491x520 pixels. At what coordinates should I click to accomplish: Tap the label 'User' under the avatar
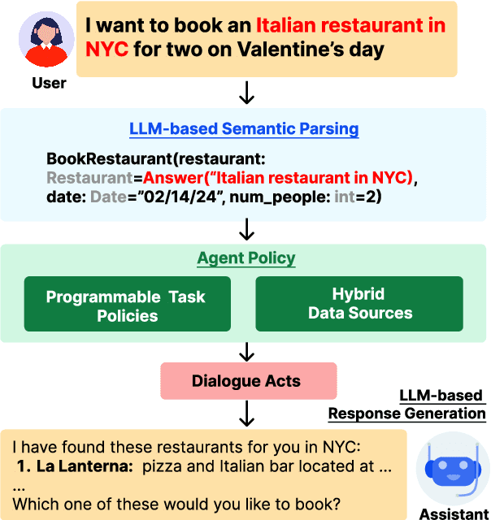pyautogui.click(x=49, y=83)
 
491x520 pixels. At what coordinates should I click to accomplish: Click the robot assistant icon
pyautogui.click(x=453, y=470)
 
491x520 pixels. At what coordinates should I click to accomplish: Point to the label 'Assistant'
pyautogui.click(x=453, y=513)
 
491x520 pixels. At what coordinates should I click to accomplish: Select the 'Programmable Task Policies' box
pyautogui.click(x=128, y=305)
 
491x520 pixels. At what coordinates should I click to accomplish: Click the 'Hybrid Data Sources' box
pyautogui.click(x=359, y=304)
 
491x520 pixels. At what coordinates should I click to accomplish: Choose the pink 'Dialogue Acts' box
pyautogui.click(x=245, y=380)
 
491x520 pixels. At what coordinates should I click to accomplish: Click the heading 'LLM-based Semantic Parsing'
pyautogui.click(x=244, y=129)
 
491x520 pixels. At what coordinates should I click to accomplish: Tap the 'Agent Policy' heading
pyautogui.click(x=245, y=259)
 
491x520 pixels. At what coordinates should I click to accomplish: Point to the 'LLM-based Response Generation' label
pyautogui.click(x=406, y=405)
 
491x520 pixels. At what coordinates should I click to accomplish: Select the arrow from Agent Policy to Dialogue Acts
pyautogui.click(x=245, y=351)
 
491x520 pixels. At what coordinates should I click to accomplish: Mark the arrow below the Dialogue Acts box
pyautogui.click(x=245, y=415)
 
